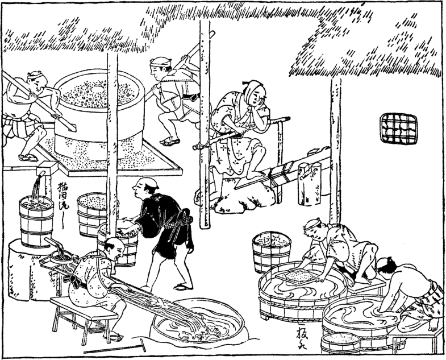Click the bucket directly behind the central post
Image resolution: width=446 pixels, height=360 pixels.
coord(93,213)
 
